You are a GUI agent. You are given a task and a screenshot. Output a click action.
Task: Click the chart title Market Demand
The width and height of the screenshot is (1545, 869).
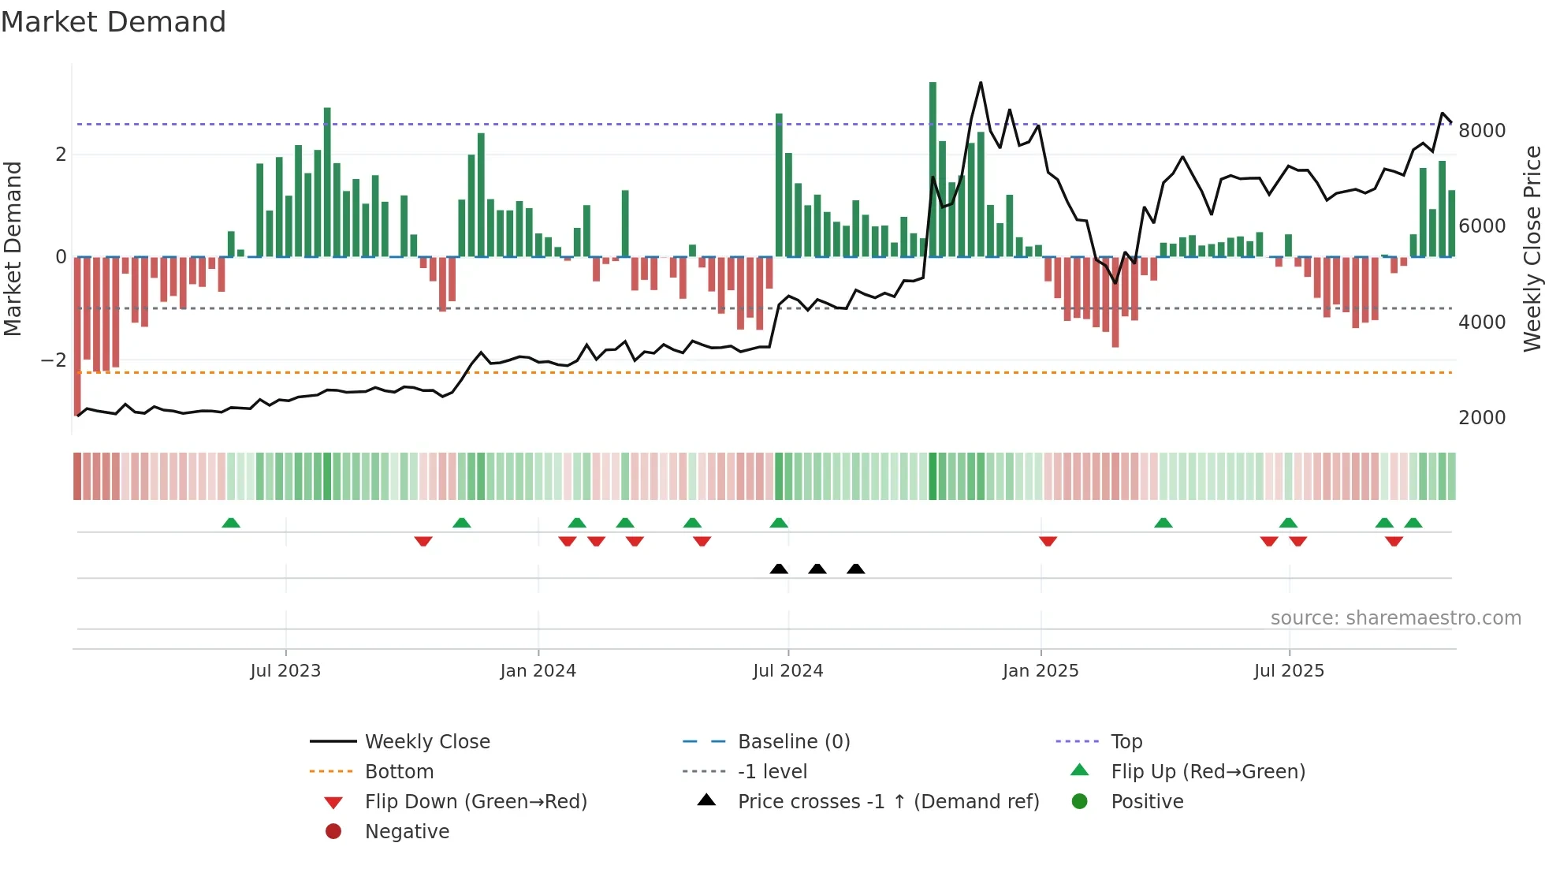[114, 21]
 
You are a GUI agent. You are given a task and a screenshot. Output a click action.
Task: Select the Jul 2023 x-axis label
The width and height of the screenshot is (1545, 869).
[285, 670]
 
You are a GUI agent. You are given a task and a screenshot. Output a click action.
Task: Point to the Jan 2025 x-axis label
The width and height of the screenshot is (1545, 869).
[1041, 670]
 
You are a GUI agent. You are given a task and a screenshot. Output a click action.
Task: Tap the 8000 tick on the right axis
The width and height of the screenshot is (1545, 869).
[1482, 130]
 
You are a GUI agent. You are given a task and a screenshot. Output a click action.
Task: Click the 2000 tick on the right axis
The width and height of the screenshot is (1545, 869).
[1482, 417]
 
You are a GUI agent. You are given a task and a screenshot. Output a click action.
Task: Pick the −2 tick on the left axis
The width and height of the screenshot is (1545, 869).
[54, 360]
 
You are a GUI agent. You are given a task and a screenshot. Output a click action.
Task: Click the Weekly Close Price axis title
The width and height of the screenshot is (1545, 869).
[1532, 248]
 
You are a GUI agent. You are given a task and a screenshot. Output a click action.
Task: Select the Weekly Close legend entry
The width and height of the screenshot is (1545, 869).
[426, 741]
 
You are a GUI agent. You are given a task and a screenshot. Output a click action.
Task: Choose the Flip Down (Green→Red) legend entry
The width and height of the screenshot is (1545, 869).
[475, 801]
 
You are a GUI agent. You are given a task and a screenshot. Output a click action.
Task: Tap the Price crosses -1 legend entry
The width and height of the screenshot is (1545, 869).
[888, 801]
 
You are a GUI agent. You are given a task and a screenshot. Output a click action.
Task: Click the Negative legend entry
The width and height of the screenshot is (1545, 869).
[407, 831]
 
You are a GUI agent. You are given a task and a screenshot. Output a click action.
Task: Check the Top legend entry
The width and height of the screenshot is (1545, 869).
[1126, 741]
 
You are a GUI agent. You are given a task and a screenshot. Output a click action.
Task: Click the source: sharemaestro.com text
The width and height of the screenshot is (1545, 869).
[1395, 617]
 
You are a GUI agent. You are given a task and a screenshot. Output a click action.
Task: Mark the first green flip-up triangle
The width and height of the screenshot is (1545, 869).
[231, 523]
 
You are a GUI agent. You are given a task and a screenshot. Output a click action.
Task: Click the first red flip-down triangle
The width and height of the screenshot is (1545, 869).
[423, 541]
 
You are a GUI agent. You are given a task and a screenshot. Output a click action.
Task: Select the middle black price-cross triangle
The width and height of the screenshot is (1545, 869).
[817, 569]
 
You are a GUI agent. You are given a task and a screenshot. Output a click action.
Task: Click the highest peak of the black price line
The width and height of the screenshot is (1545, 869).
[981, 83]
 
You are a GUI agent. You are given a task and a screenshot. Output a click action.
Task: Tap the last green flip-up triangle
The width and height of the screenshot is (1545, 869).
[1413, 523]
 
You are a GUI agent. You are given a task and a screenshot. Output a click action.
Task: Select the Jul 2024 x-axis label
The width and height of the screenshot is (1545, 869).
[787, 670]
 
